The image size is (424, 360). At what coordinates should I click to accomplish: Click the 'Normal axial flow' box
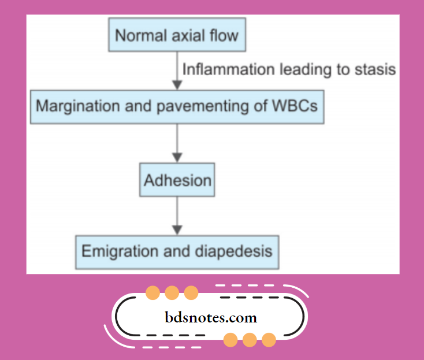177,35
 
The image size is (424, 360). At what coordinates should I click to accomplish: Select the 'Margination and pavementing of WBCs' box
177,106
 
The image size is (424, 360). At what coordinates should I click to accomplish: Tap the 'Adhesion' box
177,180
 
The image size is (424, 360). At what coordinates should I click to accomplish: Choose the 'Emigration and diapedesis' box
177,251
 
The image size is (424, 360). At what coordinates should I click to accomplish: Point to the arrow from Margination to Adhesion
177,143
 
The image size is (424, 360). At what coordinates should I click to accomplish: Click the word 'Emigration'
119,252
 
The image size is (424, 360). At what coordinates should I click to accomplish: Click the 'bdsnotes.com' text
211,317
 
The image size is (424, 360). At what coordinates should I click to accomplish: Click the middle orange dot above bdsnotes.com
172,292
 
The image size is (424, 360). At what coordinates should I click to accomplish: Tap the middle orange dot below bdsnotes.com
250,340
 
